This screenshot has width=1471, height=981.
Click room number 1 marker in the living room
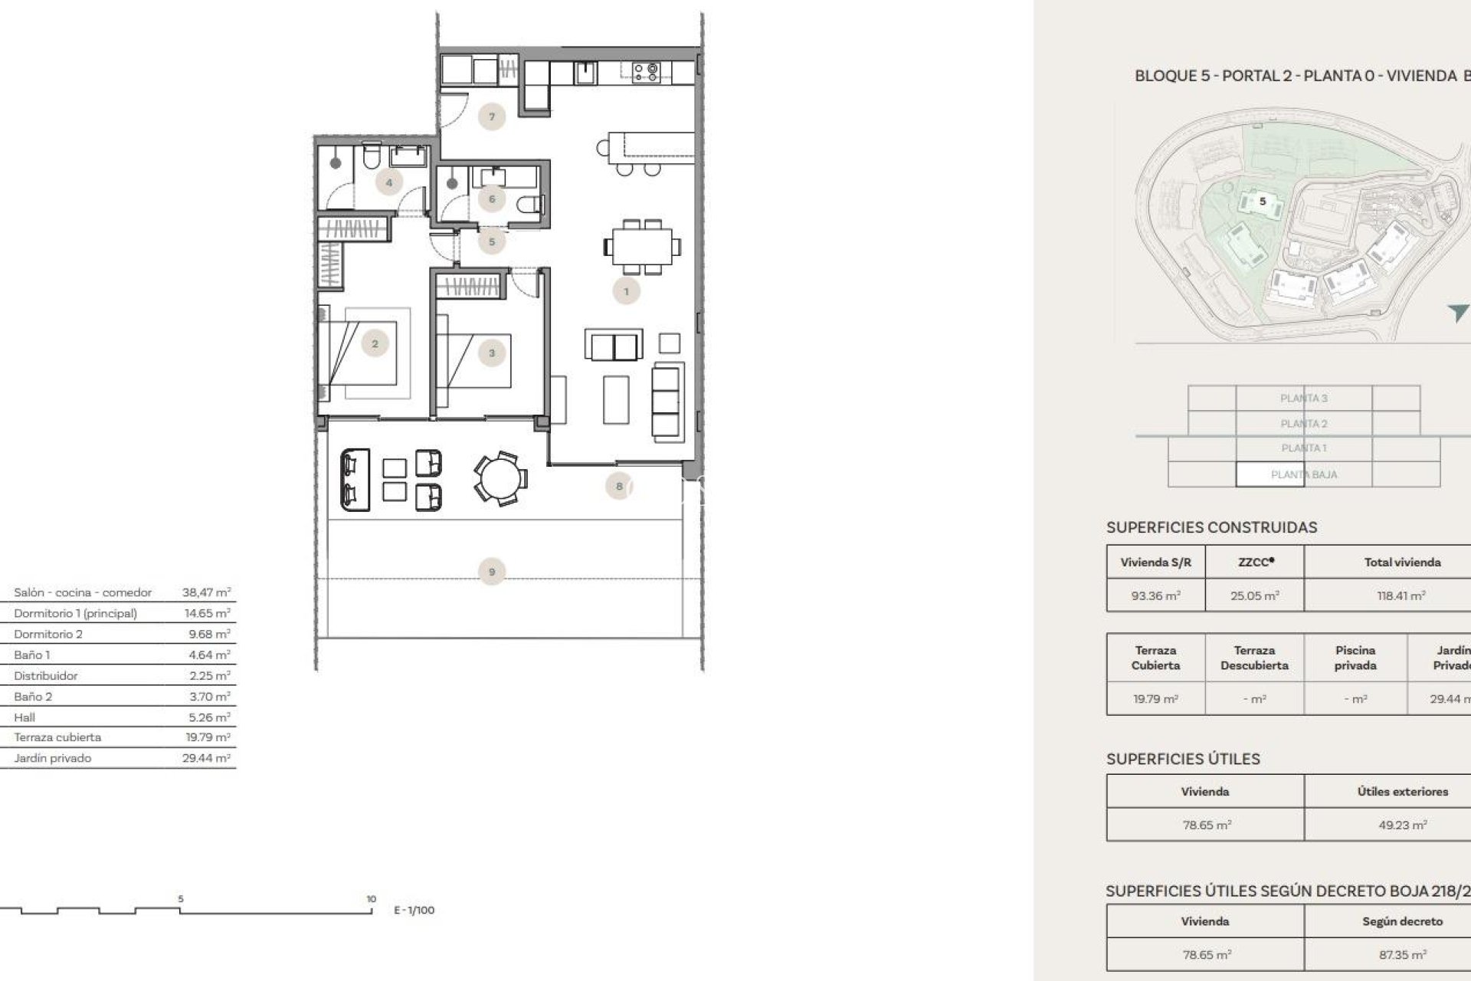coord(626,291)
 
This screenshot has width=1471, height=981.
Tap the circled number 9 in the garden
coord(492,572)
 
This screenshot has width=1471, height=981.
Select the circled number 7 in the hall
coord(492,117)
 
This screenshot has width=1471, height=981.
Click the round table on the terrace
coord(500,478)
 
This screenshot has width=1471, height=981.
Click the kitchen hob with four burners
coord(646,72)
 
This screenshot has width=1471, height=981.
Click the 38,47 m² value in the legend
coord(206,592)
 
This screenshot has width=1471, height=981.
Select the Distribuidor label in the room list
coord(45,676)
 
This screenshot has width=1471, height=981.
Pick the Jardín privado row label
coord(52,758)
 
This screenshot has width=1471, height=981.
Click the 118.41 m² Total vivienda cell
coord(1401,595)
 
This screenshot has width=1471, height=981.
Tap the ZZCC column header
coord(1255,562)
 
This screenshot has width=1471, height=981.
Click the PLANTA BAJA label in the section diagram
coord(1303,474)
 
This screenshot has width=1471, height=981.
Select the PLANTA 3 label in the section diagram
coord(1303,398)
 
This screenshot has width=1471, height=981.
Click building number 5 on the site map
coord(1263,202)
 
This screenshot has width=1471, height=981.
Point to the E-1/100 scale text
coord(414,910)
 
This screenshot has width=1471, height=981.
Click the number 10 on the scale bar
coord(371,899)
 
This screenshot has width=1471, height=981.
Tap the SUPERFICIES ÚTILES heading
coord(1183,759)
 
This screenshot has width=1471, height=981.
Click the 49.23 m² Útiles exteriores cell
coord(1402,825)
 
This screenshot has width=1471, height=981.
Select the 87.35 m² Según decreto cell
coord(1402,955)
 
